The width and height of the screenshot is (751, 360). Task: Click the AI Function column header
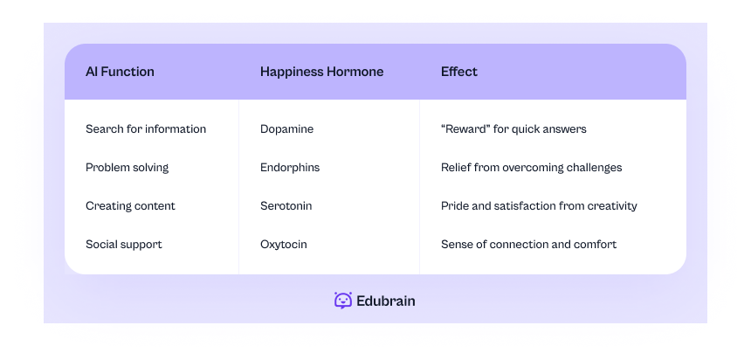click(x=120, y=72)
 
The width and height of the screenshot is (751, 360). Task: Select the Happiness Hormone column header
click(x=321, y=72)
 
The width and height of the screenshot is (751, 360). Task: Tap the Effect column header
click(x=459, y=72)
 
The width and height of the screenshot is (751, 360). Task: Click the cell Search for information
click(x=146, y=129)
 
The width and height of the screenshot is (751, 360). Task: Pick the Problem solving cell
click(x=127, y=168)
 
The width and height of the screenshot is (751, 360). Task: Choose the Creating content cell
click(x=130, y=206)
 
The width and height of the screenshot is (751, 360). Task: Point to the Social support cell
click(x=123, y=245)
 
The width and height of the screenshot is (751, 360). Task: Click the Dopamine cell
click(x=286, y=129)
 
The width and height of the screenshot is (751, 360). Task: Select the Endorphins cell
click(x=290, y=168)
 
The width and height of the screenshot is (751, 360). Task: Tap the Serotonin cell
click(x=286, y=206)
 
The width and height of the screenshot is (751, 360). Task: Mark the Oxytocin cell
click(x=283, y=245)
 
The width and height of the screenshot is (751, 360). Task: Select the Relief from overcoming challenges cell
click(x=531, y=168)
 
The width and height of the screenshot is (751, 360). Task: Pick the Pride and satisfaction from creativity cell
click(x=539, y=206)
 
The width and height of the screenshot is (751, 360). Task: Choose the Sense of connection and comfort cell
click(x=528, y=245)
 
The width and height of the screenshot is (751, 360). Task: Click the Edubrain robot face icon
click(x=343, y=301)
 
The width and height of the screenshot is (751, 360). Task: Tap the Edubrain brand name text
click(x=386, y=301)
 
